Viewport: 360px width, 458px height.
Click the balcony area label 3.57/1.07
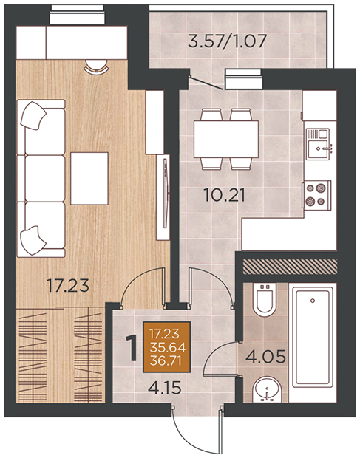point(227,41)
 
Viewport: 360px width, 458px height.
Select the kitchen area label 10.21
point(225,195)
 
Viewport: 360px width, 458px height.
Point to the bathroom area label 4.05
point(265,356)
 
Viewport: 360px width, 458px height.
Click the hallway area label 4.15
point(165,388)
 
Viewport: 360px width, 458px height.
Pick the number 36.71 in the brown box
point(166,360)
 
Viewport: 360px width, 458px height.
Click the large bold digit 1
point(132,348)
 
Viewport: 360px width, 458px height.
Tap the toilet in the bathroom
point(265,299)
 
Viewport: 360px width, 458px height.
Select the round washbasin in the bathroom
point(267,390)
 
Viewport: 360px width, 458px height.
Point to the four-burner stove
point(316,194)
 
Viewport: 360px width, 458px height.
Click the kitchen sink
point(318,144)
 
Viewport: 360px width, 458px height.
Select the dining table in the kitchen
point(226,139)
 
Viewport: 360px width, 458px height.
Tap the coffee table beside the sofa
point(89,178)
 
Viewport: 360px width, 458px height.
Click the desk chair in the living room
point(96,65)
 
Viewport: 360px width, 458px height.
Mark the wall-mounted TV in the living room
point(166,193)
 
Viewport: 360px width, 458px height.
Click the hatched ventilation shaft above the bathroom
point(291,267)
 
